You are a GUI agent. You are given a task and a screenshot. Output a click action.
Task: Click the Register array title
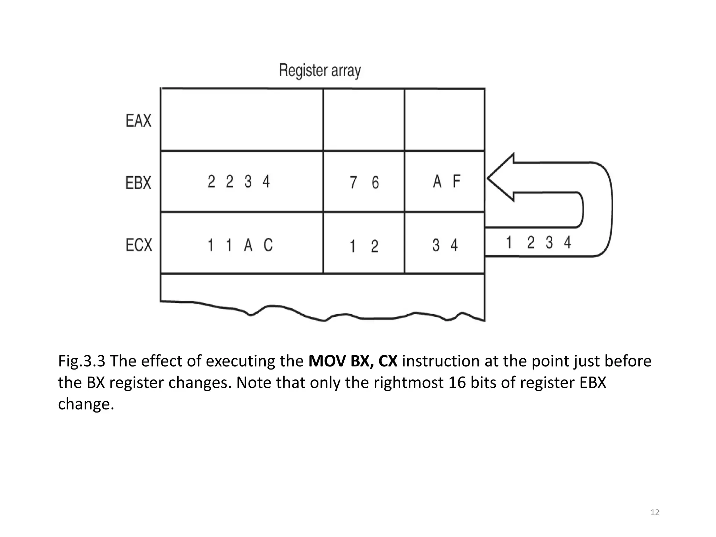pos(320,71)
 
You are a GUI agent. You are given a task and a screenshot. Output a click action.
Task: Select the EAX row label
pos(138,121)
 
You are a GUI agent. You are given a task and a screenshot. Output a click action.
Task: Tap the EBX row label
pos(138,182)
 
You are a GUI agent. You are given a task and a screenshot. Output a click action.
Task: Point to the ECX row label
pos(139,245)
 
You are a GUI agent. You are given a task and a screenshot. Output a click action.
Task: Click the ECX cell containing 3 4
pos(445,245)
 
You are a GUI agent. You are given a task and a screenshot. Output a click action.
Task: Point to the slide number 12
pos(655,513)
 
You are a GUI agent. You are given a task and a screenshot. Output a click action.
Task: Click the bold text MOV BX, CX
pos(353,361)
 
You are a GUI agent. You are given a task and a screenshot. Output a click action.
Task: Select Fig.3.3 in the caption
pos(81,361)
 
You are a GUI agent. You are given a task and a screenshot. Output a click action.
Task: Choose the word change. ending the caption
pos(86,404)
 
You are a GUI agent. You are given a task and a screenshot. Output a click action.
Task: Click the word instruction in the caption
pos(441,361)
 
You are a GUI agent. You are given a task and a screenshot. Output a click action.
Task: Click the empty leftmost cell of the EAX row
pos(242,120)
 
